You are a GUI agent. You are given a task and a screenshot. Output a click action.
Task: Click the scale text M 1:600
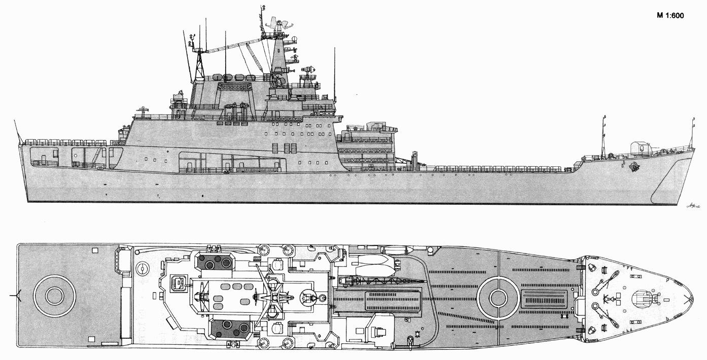tap(670, 16)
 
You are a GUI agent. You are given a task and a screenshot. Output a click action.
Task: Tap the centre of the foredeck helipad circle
tap(499, 298)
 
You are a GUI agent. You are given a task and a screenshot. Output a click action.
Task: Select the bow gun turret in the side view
tap(641, 148)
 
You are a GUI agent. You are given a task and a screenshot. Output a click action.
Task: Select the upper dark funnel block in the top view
tap(217, 262)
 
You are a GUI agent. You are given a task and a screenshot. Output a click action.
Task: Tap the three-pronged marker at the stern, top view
tap(15, 295)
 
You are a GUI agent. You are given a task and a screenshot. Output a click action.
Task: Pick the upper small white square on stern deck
tap(94, 250)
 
